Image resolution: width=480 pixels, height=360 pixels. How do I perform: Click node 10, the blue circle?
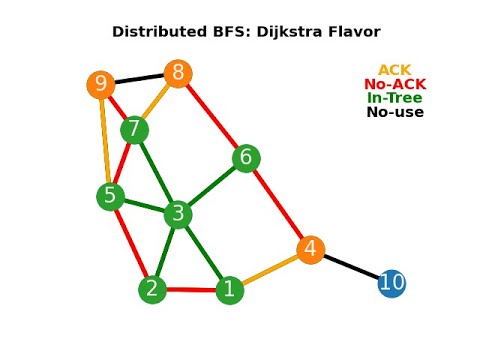coord(392,283)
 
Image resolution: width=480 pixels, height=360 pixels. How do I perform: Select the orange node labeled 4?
coord(311,249)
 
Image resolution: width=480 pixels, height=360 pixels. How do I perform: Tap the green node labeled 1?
coord(229,290)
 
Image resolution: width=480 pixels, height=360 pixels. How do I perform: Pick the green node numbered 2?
coord(152,290)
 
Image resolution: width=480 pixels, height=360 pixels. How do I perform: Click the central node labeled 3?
coord(178,213)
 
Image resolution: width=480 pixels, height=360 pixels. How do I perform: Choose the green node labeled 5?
coord(111,196)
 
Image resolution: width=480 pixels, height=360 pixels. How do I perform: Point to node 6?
coord(246,158)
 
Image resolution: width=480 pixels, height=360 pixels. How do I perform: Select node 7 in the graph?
coord(134,130)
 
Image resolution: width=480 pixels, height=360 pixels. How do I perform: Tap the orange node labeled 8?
coord(178,73)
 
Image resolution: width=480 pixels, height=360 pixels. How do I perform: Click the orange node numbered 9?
coord(100,85)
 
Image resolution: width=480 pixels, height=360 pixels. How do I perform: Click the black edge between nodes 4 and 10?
coord(352,266)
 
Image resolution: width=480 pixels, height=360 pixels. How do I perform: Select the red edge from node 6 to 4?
coord(279,204)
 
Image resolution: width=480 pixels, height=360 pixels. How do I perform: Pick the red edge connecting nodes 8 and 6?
coord(212,116)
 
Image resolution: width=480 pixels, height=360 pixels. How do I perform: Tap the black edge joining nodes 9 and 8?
coord(139,79)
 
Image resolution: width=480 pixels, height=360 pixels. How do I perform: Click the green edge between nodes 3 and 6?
coord(212,185)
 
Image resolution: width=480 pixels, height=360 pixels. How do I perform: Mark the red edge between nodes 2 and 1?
coord(190,290)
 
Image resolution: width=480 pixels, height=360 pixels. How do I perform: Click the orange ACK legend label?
coord(395,70)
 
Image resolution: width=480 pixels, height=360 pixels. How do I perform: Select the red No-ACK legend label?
coord(395,84)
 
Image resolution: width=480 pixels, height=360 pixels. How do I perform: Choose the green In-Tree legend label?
coord(395,98)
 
